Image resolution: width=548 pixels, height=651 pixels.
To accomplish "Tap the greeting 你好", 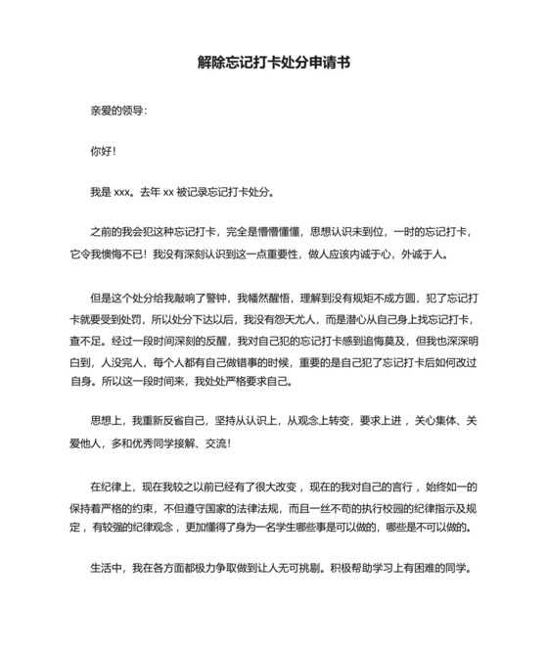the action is [x=102, y=152].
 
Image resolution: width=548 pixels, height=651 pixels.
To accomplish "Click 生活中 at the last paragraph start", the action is [x=109, y=569].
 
